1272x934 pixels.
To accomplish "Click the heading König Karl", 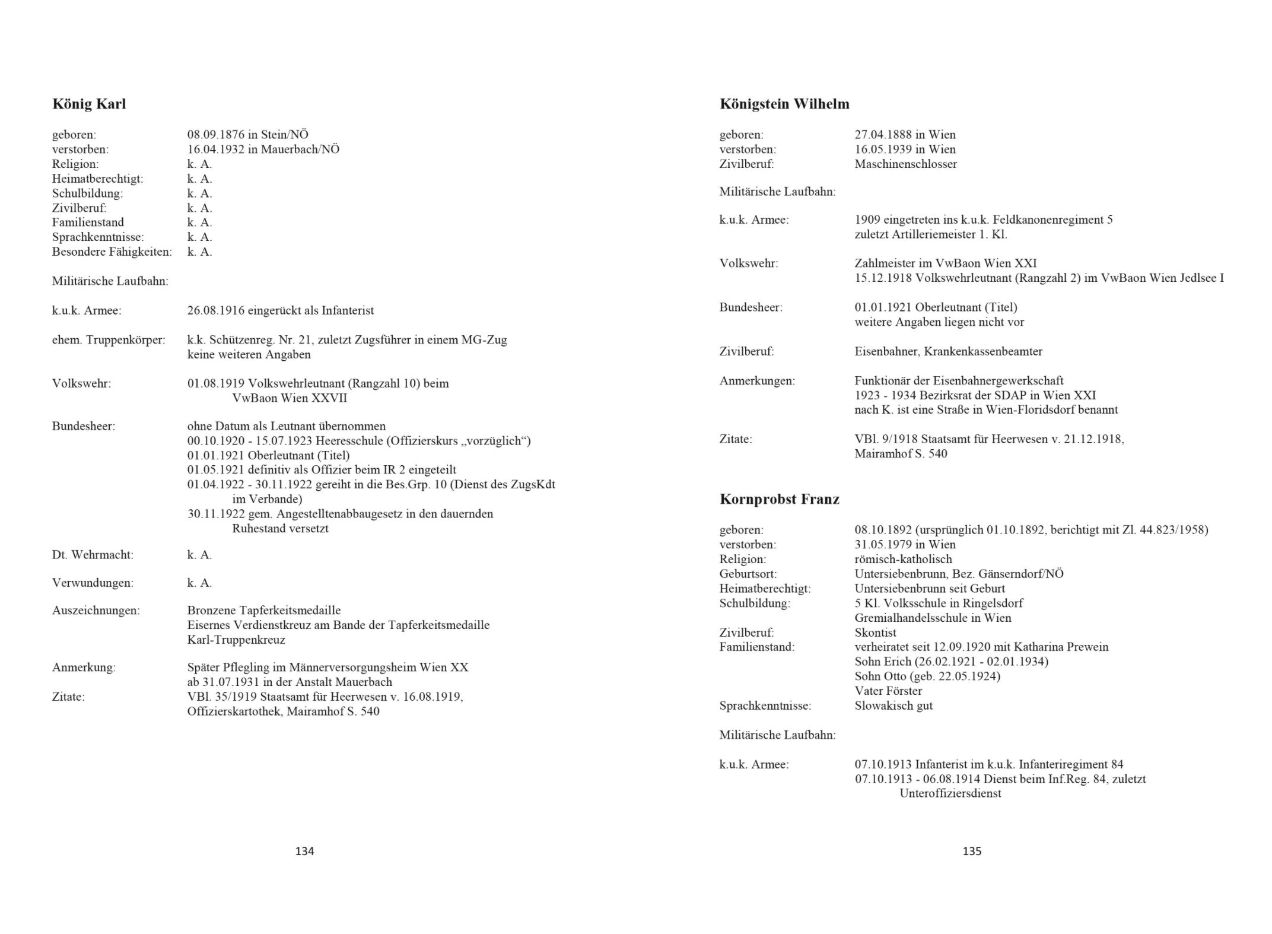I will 89,104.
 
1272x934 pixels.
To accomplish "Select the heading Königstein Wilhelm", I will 784,104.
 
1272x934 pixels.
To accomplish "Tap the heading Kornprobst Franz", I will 779,499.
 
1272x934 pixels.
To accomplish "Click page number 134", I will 304,851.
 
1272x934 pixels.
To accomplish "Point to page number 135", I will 972,851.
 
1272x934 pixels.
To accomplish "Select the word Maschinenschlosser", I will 905,164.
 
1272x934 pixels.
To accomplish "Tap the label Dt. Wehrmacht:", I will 93,555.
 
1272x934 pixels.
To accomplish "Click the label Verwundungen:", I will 93,583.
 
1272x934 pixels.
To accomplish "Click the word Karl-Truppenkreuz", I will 236,640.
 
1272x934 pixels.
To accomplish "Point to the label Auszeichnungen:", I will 96,611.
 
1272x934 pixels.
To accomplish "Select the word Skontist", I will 875,633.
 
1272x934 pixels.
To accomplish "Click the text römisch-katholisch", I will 903,559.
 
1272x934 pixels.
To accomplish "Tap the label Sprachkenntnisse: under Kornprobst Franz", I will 765,706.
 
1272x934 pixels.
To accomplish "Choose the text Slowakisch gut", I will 893,706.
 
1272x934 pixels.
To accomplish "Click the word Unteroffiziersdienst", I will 950,793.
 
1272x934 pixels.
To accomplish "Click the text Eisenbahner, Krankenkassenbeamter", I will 948,351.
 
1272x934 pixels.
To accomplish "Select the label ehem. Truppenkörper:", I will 109,341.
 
